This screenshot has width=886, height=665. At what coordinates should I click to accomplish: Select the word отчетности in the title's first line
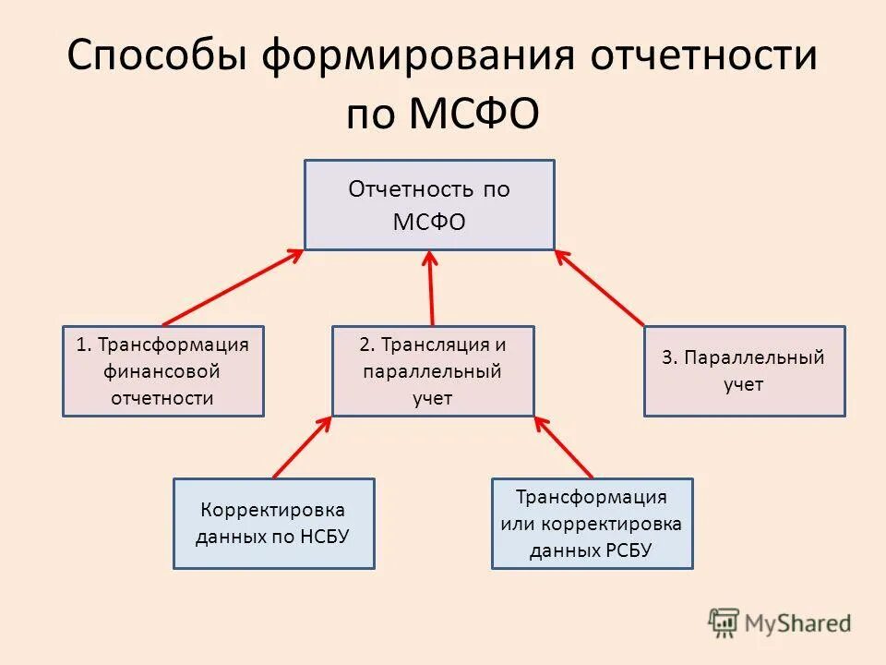704,57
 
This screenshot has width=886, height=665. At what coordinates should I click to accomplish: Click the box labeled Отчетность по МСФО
429,204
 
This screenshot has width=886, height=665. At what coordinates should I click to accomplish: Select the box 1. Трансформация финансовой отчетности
162,370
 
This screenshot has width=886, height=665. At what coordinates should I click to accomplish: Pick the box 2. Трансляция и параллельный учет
433,370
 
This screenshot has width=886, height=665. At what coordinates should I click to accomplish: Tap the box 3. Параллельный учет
744,370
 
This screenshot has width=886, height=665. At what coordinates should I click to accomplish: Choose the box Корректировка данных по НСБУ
273,523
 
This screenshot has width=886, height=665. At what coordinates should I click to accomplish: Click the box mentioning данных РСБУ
592,523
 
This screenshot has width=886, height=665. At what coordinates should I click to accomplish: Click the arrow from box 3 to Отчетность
600,287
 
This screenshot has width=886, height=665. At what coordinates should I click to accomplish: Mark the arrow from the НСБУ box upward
302,447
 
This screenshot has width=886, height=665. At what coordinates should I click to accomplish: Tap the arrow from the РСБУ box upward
563,447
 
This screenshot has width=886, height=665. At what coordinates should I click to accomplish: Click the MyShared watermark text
798,623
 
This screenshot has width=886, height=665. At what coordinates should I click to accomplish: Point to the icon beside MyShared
724,623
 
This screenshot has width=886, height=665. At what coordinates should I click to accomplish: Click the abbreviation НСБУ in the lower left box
324,536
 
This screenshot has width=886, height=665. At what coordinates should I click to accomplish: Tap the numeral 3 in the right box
666,357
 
